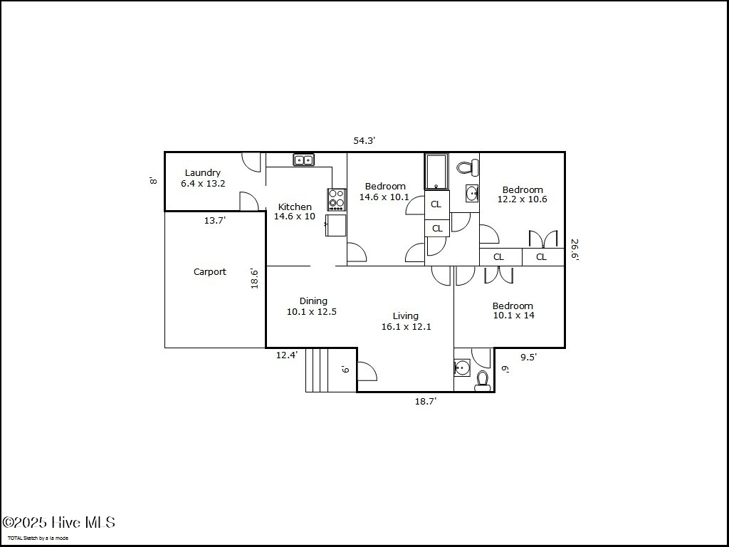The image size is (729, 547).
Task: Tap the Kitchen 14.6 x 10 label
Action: click(295, 212)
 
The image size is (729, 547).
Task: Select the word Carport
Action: click(210, 271)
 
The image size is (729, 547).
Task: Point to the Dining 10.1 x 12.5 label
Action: click(312, 306)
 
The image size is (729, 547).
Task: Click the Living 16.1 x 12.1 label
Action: click(406, 321)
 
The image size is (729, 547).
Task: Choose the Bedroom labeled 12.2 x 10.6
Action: click(523, 194)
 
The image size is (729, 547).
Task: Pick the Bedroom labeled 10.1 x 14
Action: click(513, 311)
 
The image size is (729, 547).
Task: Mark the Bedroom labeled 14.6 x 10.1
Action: click(384, 192)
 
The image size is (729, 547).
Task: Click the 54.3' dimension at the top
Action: click(364, 140)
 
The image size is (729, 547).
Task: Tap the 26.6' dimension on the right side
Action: click(575, 250)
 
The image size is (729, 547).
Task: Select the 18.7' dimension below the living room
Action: click(426, 402)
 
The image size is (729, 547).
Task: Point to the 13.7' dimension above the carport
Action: click(215, 221)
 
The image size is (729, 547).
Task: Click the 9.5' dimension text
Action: click(528, 358)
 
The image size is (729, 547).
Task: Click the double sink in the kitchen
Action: click(304, 160)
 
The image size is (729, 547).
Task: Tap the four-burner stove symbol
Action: click(336, 199)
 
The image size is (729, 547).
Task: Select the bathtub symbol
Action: click(436, 172)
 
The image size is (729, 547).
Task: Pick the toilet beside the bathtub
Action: click(466, 168)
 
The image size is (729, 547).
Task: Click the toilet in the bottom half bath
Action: click(483, 381)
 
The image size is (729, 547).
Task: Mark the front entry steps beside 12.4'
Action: click(319, 370)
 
